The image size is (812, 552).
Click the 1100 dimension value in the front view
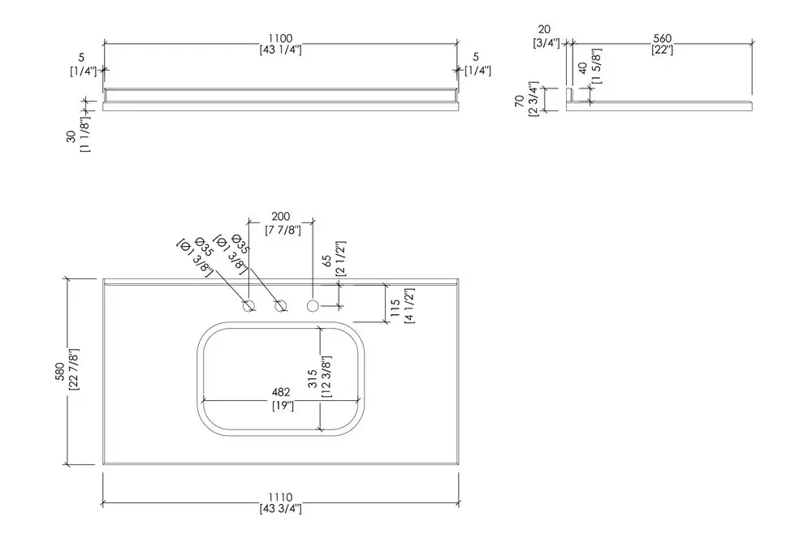280,38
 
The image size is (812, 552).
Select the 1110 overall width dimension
280,497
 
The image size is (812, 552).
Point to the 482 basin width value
282,392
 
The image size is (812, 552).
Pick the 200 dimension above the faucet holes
281,218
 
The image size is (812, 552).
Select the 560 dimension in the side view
661,38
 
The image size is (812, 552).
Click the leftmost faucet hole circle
250,306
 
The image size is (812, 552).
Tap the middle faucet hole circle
281,306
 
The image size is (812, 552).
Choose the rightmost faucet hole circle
313,306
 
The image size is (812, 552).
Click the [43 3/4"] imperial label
280,509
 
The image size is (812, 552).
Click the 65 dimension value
327,261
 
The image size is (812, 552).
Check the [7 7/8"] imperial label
281,230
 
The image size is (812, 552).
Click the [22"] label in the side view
661,50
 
